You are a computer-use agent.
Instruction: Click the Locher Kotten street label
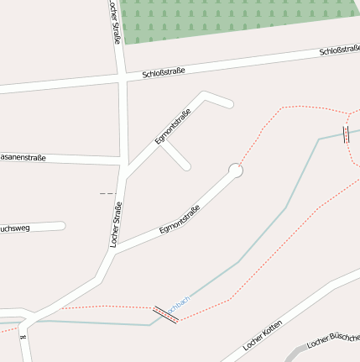pyautogui.click(x=262, y=335)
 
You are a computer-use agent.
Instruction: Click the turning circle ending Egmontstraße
pyautogui.click(x=236, y=171)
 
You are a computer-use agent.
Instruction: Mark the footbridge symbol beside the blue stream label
pyautogui.click(x=164, y=314)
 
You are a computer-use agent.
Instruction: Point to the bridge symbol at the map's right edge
pyautogui.click(x=346, y=134)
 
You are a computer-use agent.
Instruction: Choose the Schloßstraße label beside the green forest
pyautogui.click(x=339, y=51)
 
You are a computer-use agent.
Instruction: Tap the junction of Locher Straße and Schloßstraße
pyautogui.click(x=123, y=78)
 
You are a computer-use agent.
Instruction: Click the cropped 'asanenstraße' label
pyautogui.click(x=23, y=157)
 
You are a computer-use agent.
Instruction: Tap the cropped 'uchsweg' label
pyautogui.click(x=14, y=228)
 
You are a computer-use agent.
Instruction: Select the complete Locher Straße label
pyautogui.click(x=117, y=224)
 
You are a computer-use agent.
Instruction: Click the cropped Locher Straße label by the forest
pyautogui.click(x=115, y=20)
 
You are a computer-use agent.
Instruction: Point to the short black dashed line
pyautogui.click(x=107, y=193)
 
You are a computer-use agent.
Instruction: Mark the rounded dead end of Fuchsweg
pyautogui.click(x=61, y=225)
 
